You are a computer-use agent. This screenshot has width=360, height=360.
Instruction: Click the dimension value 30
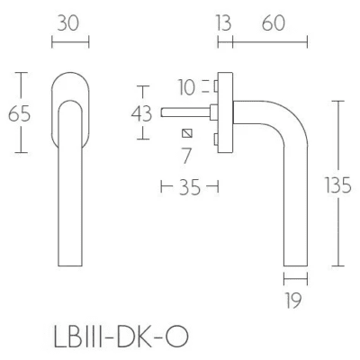(68, 23)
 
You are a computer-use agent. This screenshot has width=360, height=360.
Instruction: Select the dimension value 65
(19, 114)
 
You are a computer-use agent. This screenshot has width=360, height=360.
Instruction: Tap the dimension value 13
(223, 23)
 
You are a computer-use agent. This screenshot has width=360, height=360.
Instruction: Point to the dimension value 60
(274, 23)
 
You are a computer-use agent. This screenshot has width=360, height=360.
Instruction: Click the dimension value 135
(338, 184)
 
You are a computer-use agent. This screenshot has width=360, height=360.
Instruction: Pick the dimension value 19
(292, 301)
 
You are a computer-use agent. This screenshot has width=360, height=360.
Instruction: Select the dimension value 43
(141, 114)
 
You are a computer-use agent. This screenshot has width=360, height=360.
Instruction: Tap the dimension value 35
(190, 188)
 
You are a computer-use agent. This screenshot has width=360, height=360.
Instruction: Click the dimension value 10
(186, 87)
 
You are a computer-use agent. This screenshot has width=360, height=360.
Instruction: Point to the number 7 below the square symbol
(186, 156)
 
